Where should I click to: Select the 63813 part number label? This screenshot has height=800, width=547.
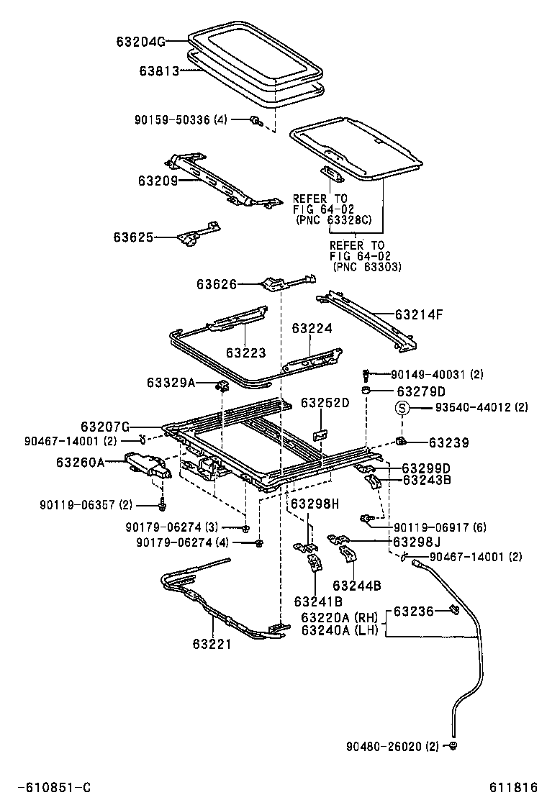click(x=160, y=71)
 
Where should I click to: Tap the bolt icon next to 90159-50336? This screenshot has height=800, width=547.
click(x=255, y=121)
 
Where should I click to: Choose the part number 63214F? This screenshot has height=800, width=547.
click(x=419, y=314)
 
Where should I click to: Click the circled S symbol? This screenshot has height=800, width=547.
click(x=403, y=408)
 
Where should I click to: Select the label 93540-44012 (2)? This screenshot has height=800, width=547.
click(x=481, y=408)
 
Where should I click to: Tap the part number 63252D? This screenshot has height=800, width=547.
click(x=325, y=402)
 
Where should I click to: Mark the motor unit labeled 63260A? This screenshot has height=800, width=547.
click(x=148, y=464)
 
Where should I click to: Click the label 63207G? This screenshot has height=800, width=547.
click(x=105, y=427)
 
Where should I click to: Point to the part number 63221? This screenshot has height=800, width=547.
click(x=212, y=644)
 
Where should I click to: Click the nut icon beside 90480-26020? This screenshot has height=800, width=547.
click(x=453, y=745)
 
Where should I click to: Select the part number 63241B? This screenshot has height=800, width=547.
click(x=317, y=601)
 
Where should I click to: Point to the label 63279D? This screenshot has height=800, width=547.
click(x=421, y=391)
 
